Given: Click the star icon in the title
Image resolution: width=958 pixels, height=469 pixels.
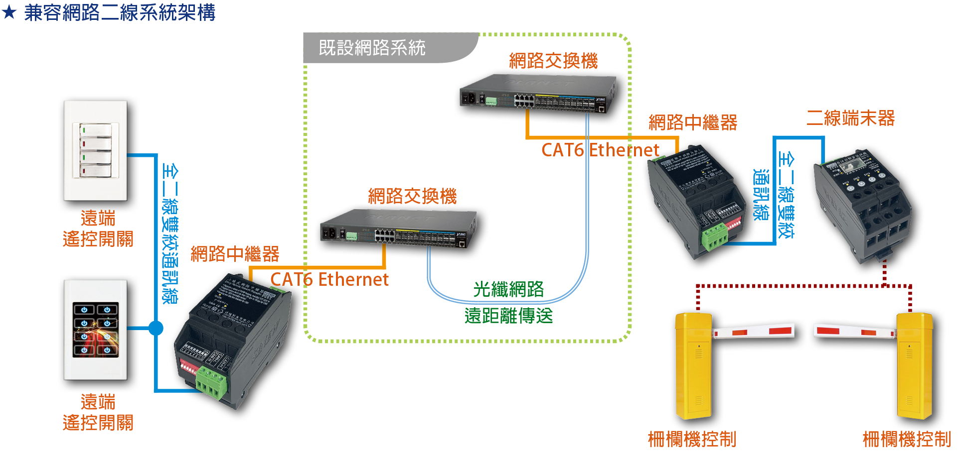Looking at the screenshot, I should (x=9, y=12).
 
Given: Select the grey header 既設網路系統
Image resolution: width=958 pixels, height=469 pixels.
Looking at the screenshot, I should (x=372, y=48).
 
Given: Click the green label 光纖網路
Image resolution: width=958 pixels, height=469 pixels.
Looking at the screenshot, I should (x=508, y=289).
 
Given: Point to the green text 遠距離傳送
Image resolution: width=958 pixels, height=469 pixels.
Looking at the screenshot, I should (x=508, y=316).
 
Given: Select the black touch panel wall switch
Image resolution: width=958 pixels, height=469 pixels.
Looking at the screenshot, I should (x=98, y=332).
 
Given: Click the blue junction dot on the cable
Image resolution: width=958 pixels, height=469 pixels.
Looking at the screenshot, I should (x=156, y=328).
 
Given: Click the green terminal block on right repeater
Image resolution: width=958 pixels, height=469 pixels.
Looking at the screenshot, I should (x=714, y=236).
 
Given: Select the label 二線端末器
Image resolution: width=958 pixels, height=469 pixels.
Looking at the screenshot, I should (x=850, y=118).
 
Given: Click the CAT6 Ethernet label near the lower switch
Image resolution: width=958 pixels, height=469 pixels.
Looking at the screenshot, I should (x=329, y=279).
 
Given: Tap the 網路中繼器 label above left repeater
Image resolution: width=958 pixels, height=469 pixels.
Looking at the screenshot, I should (x=235, y=254).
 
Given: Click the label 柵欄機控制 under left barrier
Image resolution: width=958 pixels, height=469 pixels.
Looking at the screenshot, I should (x=692, y=439).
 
